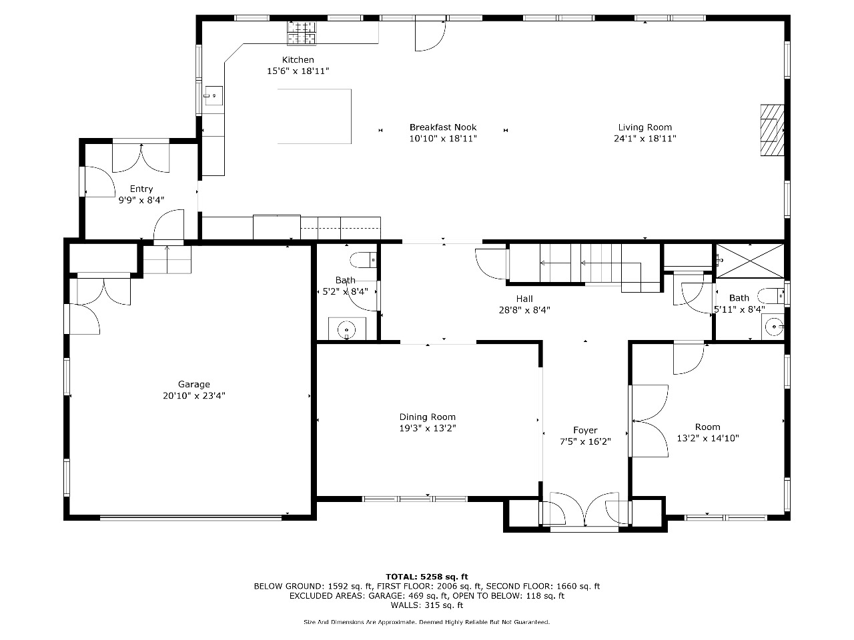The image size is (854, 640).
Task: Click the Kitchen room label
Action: pyautogui.click(x=298, y=60)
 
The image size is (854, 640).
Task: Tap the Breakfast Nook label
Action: pyautogui.click(x=443, y=127)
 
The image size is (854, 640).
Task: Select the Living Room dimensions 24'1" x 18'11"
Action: pyautogui.click(x=645, y=139)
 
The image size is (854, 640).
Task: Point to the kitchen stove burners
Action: pyautogui.click(x=302, y=32)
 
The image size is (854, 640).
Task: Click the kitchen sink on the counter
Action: pyautogui.click(x=213, y=95)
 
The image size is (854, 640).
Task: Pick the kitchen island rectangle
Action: pyautogui.click(x=314, y=116)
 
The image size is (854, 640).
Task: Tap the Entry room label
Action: pyautogui.click(x=141, y=189)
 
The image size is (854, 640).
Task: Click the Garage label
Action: pyautogui.click(x=193, y=384)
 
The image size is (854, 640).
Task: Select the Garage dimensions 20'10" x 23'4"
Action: pyautogui.click(x=193, y=395)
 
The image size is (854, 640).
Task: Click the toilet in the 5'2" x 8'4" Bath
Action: pyautogui.click(x=363, y=260)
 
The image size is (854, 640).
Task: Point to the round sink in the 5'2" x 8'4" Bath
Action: pyautogui.click(x=346, y=330)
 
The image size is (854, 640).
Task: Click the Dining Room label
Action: pyautogui.click(x=427, y=417)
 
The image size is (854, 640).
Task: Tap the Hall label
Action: pyautogui.click(x=524, y=299)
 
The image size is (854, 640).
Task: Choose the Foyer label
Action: pyautogui.click(x=584, y=430)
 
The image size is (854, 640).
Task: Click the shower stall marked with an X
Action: pyautogui.click(x=750, y=261)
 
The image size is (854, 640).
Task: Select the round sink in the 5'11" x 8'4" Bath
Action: pyautogui.click(x=774, y=327)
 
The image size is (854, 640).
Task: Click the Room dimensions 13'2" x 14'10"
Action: pyautogui.click(x=708, y=438)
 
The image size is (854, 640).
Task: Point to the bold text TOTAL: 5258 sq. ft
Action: pyautogui.click(x=427, y=577)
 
